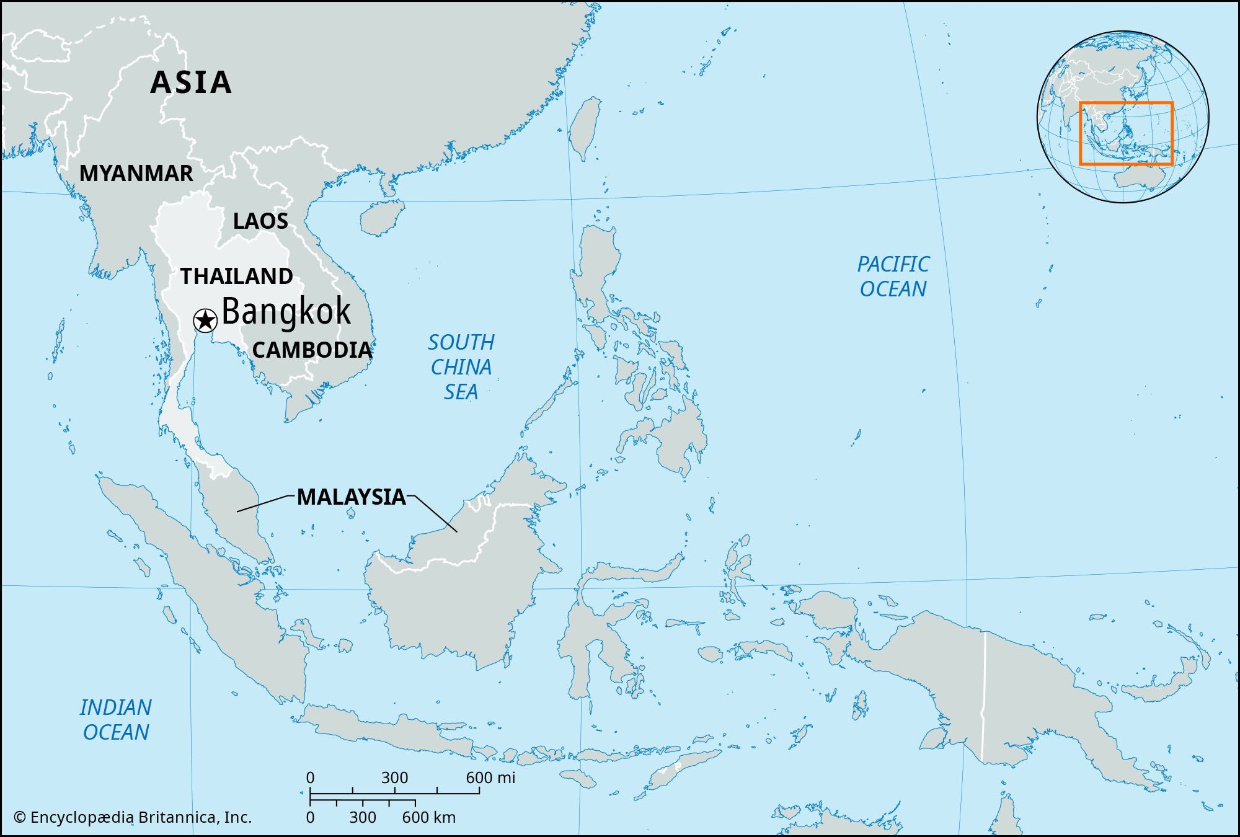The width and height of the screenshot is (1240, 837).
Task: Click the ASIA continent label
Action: coord(191,82)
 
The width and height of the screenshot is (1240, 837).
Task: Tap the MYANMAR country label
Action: coord(136,174)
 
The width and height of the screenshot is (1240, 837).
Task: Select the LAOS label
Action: coord(260,221)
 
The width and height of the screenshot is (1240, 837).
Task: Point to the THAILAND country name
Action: coord(236,276)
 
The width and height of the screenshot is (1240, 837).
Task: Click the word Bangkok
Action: coord(286,311)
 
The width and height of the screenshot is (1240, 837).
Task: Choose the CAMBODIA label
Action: coord(312,350)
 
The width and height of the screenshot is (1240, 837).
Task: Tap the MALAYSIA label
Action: coord(351,497)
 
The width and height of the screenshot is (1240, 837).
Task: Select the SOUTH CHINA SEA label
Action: coord(461,367)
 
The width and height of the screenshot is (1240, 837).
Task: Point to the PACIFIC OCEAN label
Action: coord(893,277)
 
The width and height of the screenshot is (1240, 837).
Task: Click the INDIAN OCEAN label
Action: coord(116,720)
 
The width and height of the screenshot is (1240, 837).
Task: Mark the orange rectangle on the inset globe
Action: coord(1126,103)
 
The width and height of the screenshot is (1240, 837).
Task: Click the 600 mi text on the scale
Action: coord(490,777)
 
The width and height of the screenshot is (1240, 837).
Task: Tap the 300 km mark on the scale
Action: coord(362,817)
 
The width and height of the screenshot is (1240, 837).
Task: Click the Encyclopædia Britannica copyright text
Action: coord(133,817)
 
